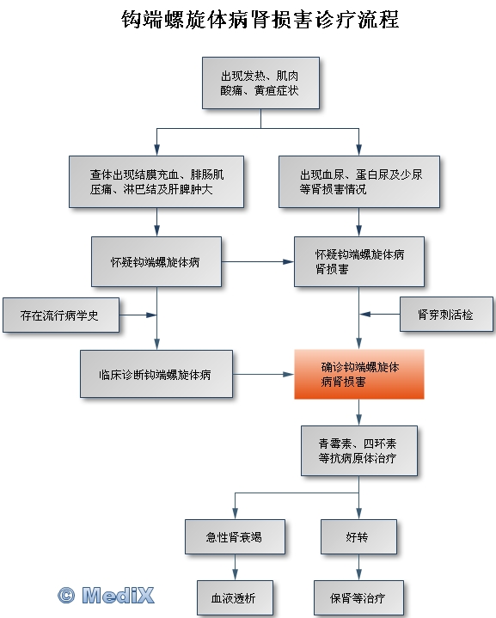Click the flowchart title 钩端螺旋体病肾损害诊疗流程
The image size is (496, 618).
coord(260,19)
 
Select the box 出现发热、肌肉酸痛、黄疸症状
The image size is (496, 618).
coord(260,83)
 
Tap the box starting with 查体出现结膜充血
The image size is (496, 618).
coord(156,181)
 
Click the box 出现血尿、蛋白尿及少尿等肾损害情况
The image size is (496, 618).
coord(359,181)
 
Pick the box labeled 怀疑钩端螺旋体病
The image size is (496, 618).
coord(156,261)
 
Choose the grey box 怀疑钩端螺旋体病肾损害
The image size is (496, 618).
coord(359,261)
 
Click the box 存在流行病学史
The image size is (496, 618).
coord(61,315)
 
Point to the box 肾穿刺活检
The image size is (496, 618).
coord(446,314)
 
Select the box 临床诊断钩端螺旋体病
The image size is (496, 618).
coord(156,374)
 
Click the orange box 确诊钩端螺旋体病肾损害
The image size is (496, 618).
coord(359,374)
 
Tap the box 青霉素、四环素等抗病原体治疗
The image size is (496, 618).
coord(359,450)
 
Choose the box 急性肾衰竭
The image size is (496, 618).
coord(235,537)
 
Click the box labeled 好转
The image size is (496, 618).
coord(358,537)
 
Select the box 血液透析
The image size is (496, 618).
coord(235,598)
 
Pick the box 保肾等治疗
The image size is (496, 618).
coord(358,598)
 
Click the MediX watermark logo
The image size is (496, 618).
coord(106,595)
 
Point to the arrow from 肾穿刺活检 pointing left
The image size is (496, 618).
coord(380,314)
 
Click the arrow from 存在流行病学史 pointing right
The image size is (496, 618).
coord(138,315)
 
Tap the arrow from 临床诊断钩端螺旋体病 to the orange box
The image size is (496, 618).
coord(263,374)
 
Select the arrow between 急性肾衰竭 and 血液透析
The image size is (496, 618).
coord(235,567)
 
